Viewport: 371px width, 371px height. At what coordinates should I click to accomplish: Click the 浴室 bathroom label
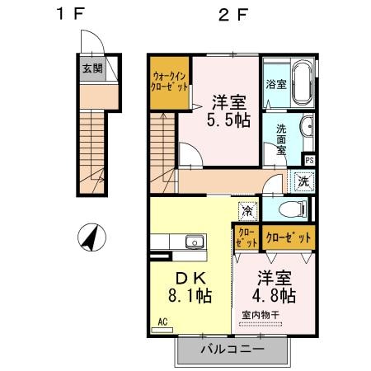[x=275, y=83]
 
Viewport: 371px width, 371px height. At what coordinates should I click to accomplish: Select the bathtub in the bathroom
[x=298, y=84]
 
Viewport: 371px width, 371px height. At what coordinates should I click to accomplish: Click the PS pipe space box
[x=308, y=160]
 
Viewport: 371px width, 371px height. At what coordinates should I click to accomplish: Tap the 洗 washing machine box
[x=303, y=181]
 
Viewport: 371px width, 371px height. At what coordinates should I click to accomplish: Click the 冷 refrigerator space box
[x=247, y=210]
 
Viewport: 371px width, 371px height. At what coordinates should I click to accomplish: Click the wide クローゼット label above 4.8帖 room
[x=289, y=237]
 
